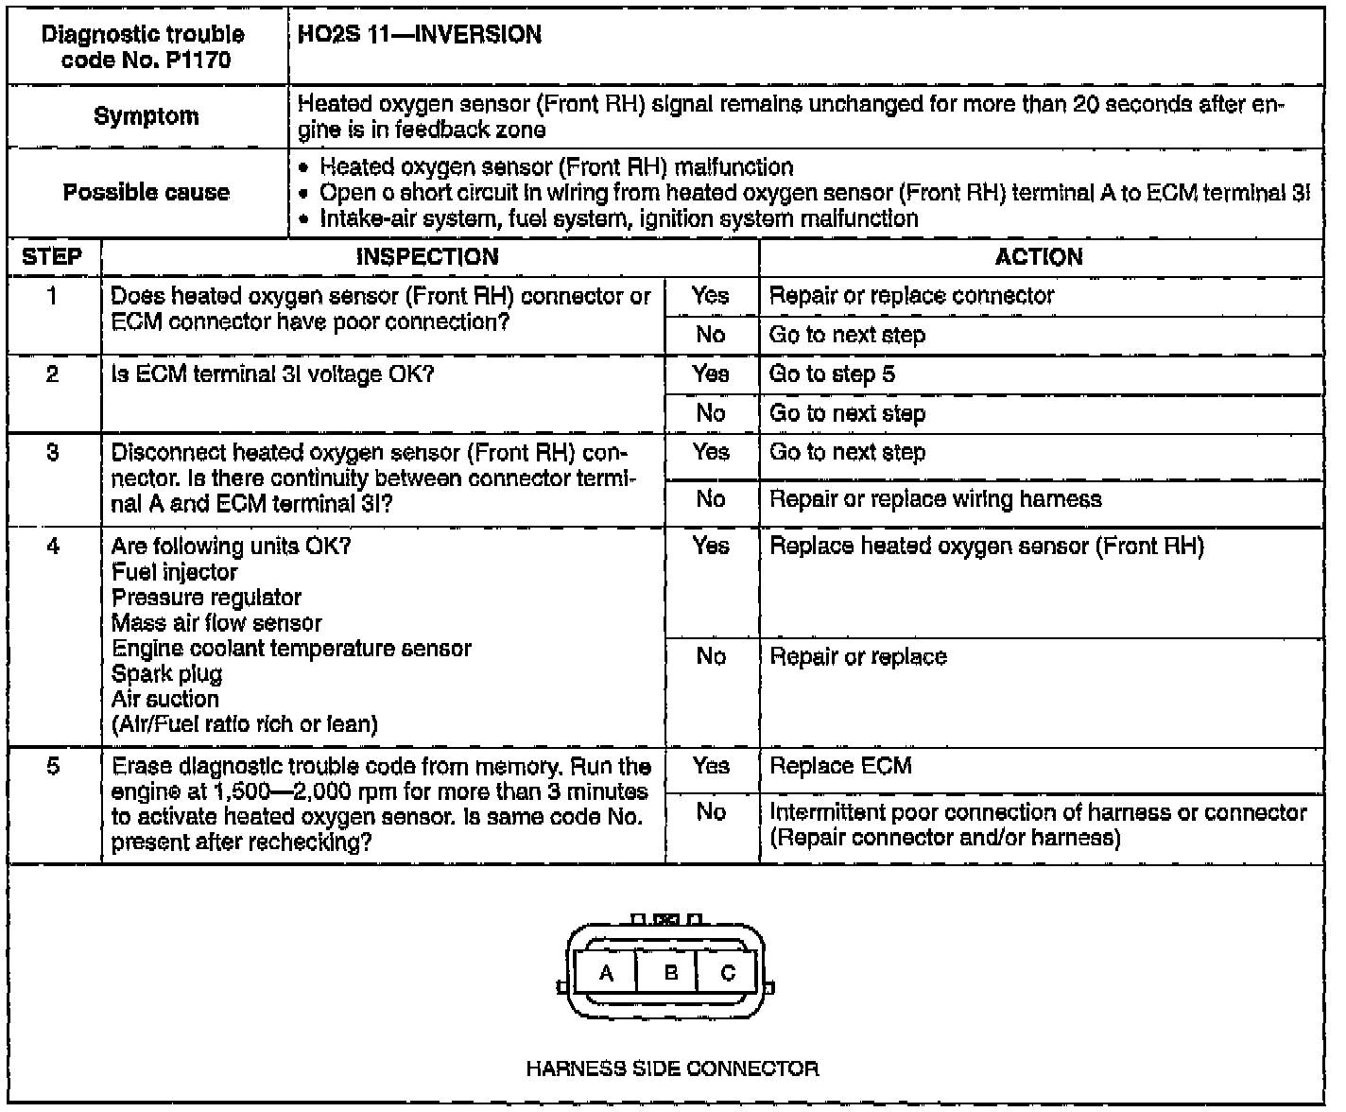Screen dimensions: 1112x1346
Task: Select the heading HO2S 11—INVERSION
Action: pyautogui.click(x=420, y=35)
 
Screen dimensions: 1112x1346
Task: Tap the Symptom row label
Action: pyautogui.click(x=147, y=116)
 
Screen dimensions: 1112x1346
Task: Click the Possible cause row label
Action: pyautogui.click(x=147, y=193)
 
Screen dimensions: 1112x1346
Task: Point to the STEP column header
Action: pyautogui.click(x=53, y=257)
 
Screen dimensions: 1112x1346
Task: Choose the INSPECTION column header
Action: pyautogui.click(x=427, y=257)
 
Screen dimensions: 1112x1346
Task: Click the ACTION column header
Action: pyautogui.click(x=1039, y=257)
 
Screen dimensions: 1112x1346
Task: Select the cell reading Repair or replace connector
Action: pyautogui.click(x=911, y=296)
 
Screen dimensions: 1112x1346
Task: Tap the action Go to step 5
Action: pyautogui.click(x=832, y=374)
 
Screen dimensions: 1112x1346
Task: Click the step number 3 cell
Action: pyautogui.click(x=53, y=453)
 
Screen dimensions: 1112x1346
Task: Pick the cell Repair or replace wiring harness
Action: pyautogui.click(x=936, y=499)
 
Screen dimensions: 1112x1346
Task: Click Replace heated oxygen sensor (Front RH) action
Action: pyautogui.click(x=987, y=547)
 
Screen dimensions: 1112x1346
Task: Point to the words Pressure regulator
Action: pyautogui.click(x=206, y=598)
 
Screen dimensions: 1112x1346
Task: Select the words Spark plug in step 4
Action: pyautogui.click(x=166, y=674)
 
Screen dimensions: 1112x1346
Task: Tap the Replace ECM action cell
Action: pyautogui.click(x=840, y=766)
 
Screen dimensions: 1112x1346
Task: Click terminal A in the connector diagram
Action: pyautogui.click(x=607, y=973)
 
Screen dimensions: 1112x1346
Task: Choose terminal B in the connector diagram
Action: pyautogui.click(x=671, y=973)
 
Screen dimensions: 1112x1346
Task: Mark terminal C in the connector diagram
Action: pyautogui.click(x=728, y=973)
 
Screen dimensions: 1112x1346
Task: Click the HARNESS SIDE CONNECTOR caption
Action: pyautogui.click(x=672, y=1069)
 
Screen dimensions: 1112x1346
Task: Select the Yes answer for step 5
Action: pyautogui.click(x=711, y=766)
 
